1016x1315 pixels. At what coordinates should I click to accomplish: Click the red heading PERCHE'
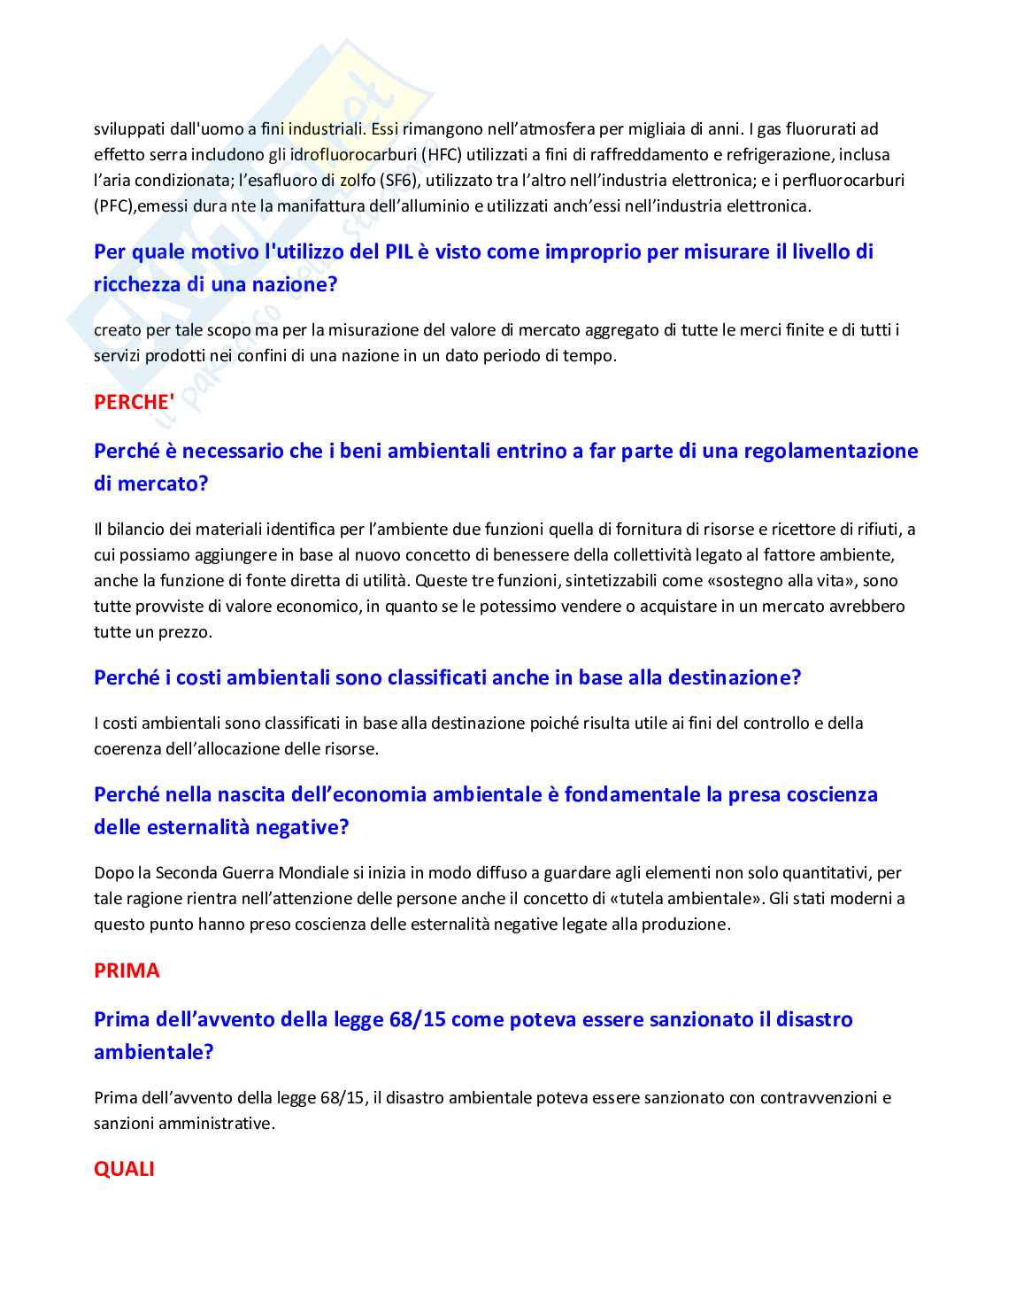(134, 402)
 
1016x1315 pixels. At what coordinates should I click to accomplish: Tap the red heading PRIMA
(127, 971)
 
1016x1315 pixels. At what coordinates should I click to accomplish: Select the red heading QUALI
(124, 1169)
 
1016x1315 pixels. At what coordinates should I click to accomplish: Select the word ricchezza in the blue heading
(137, 284)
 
